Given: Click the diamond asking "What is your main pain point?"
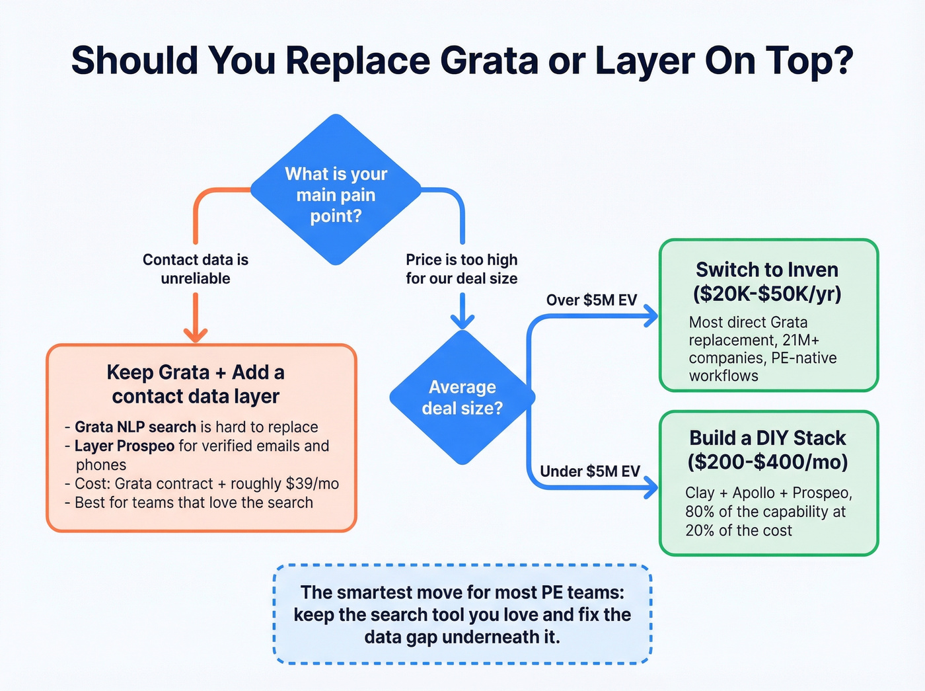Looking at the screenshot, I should tap(336, 190).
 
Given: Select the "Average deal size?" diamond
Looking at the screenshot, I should tap(462, 397).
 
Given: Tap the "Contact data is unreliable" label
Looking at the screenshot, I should tap(196, 268).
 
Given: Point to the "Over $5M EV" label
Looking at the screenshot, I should tap(591, 300).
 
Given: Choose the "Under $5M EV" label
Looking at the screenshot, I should tap(590, 471).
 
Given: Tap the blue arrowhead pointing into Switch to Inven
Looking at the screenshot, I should tap(651, 316).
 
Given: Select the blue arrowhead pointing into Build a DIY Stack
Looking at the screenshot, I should tap(651, 488).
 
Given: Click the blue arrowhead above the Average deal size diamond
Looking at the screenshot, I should tap(462, 321).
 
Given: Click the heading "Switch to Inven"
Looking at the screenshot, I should tap(767, 270).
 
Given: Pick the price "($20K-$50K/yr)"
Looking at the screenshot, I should tap(767, 294).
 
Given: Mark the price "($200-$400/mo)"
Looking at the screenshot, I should tap(767, 462).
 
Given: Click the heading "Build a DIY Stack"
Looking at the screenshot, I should tap(767, 438).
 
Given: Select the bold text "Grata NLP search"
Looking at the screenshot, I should tap(135, 427).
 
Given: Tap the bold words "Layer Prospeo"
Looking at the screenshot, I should tap(124, 446).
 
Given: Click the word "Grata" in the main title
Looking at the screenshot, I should tap(489, 60).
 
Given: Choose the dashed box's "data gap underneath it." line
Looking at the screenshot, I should tap(462, 637).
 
